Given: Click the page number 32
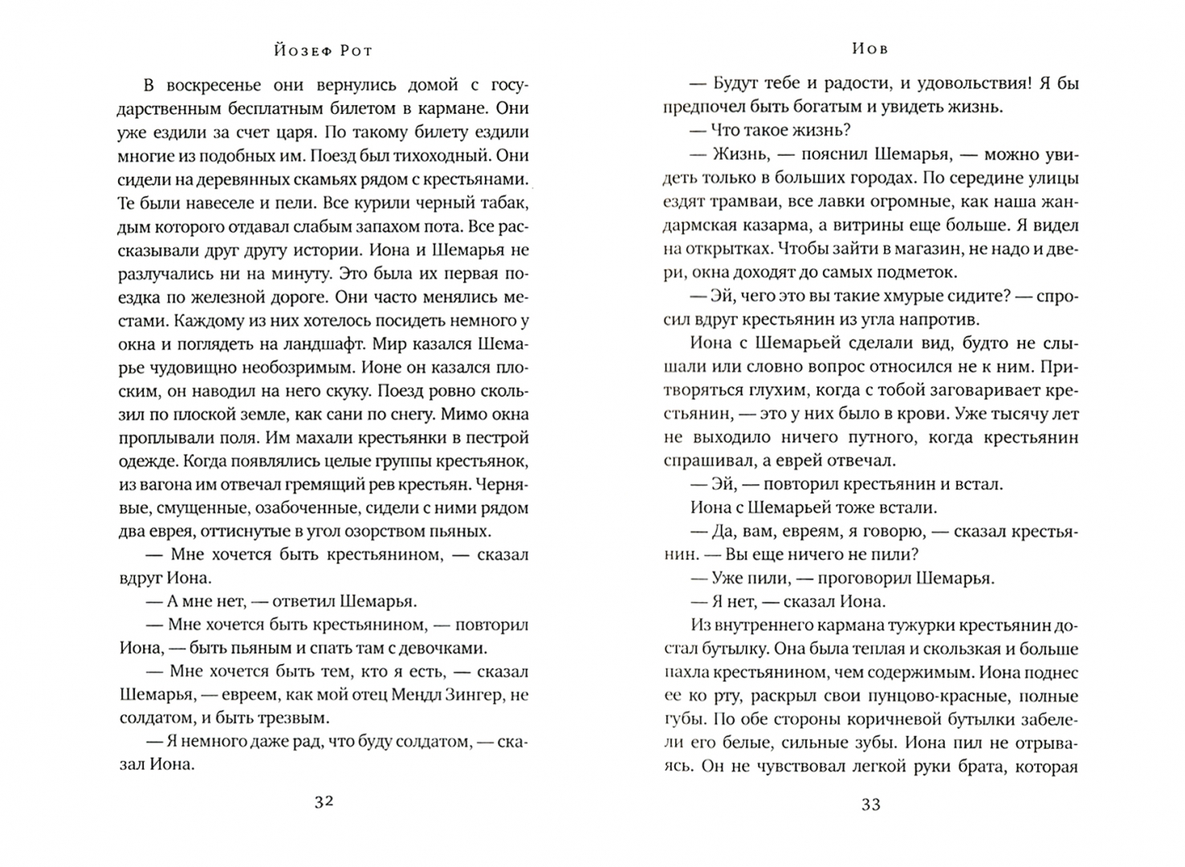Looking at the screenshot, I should (324, 802).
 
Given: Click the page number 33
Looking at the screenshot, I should (871, 804).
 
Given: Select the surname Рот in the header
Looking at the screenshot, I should (354, 50).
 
